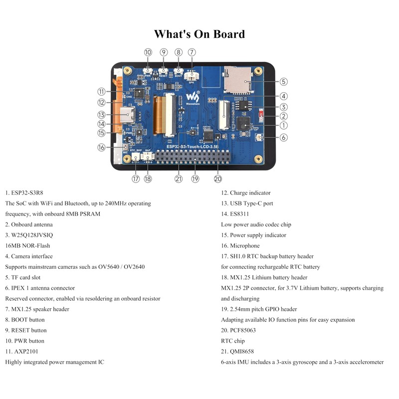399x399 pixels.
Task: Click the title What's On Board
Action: click(x=199, y=34)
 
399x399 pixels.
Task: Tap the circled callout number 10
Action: click(x=148, y=52)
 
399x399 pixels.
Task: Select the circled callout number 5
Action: click(x=283, y=81)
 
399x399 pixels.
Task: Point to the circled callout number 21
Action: click(x=179, y=179)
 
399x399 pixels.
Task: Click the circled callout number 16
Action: click(x=101, y=147)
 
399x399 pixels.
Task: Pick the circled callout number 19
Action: click(x=195, y=179)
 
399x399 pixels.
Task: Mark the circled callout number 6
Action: click(x=283, y=138)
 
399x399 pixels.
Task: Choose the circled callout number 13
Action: click(x=101, y=114)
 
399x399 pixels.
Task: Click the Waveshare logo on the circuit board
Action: click(x=193, y=95)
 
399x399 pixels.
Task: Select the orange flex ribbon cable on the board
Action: click(x=162, y=114)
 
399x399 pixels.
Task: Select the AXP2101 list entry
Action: click(x=25, y=351)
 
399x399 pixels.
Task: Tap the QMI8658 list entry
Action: click(x=243, y=351)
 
